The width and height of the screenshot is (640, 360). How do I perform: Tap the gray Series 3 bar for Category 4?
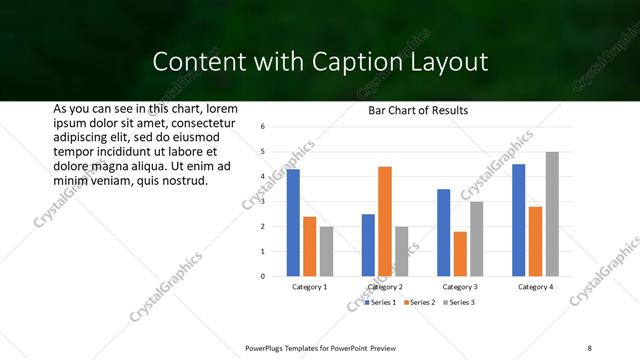coord(552,214)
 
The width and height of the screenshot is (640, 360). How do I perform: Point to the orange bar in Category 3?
coord(460,254)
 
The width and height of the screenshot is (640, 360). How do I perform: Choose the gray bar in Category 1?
coord(327,251)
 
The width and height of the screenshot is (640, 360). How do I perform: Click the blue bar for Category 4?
coord(518,220)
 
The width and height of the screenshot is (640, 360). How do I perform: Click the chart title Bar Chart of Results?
coord(412,110)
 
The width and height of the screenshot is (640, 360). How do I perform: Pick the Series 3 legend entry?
coord(459,302)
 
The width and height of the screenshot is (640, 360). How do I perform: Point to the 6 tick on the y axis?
coord(261,127)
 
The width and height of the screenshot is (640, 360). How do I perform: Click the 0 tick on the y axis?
coord(261,276)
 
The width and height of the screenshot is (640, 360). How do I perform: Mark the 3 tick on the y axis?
coord(261,202)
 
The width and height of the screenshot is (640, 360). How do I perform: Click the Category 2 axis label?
coord(385,287)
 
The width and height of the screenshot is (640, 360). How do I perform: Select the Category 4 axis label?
coord(535,287)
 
